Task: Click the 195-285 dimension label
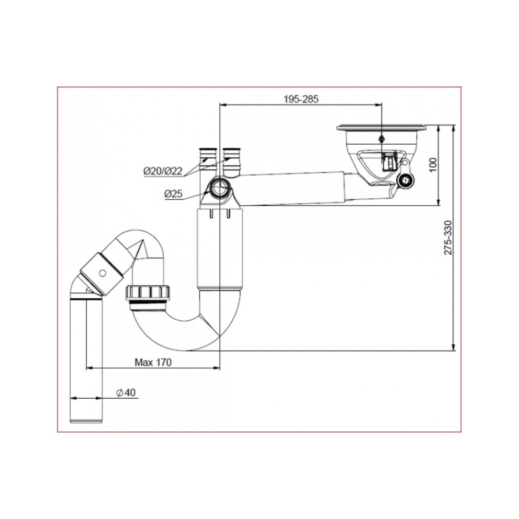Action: [x=301, y=99]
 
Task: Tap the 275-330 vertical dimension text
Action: [x=448, y=237]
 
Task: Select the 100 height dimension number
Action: [x=433, y=165]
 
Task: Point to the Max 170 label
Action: [x=153, y=362]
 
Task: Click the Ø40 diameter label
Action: [x=126, y=392]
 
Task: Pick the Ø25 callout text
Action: [x=174, y=194]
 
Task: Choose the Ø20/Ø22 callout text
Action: [x=163, y=171]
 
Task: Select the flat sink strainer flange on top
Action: [x=381, y=128]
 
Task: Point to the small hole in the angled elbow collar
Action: [x=103, y=273]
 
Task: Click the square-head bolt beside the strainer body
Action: [x=406, y=179]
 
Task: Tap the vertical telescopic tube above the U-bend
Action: [x=220, y=249]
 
